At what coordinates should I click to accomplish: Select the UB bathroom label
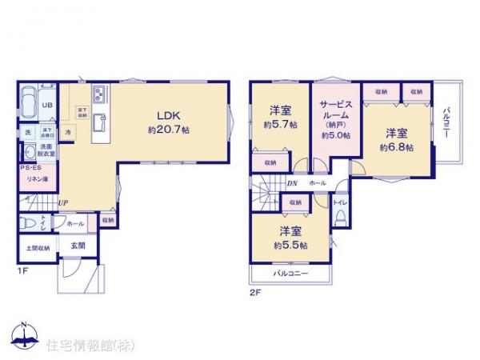[46, 105]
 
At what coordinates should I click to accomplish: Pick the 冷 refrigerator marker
[68, 131]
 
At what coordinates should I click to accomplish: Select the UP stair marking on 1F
[62, 202]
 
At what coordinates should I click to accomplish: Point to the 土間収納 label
[36, 248]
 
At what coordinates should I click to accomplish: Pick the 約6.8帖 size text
[396, 148]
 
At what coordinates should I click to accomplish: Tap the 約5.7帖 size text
[281, 126]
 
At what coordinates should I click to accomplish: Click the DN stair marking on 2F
[293, 183]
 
